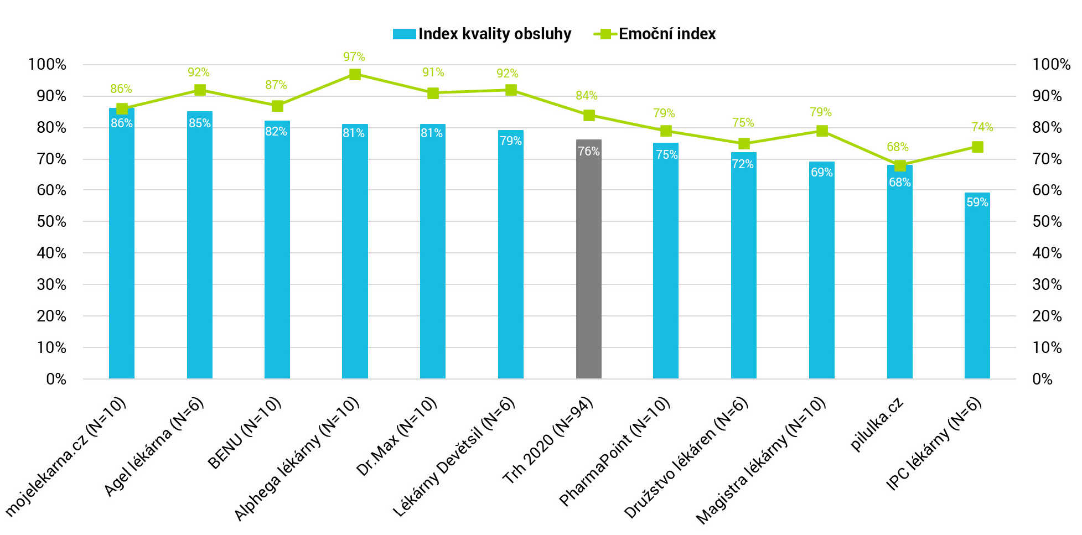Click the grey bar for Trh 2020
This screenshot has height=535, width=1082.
(588, 260)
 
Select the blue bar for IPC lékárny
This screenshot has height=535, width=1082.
(977, 288)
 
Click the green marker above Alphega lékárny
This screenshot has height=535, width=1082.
(355, 74)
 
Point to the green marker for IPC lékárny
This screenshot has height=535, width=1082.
(977, 147)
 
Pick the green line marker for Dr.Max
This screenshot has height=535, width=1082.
(433, 93)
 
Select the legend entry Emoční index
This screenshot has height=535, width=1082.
(666, 34)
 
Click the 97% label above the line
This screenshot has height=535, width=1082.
(354, 57)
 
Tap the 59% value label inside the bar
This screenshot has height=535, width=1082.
(977, 202)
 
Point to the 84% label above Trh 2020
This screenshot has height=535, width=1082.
(587, 96)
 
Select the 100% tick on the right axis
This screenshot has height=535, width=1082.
(1051, 65)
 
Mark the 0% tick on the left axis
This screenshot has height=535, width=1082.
(56, 379)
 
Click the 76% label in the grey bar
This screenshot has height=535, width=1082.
(589, 152)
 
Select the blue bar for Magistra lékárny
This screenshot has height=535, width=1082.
(822, 271)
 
